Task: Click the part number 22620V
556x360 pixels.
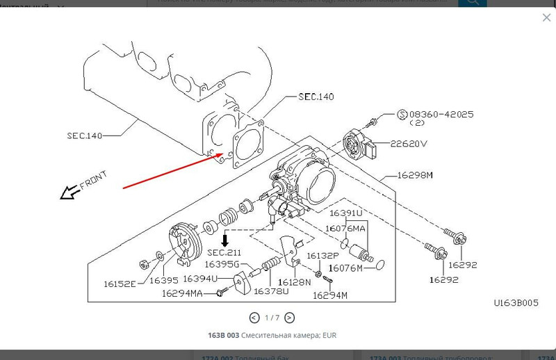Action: point(409,144)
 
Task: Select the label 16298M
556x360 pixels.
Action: point(415,176)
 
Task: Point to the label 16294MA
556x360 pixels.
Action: point(182,293)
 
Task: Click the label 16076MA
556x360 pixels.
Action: point(346,228)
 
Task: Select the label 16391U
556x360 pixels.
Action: point(346,213)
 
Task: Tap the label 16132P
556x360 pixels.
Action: point(323,256)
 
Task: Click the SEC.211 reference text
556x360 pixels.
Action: point(224,252)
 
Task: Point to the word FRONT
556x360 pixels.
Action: point(92,183)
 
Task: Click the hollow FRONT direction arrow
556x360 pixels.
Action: point(69,193)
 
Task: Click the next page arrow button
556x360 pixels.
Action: point(289,318)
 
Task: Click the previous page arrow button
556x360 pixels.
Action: point(254,318)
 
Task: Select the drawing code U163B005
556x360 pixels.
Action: point(515,304)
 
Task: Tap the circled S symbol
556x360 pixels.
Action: point(401,114)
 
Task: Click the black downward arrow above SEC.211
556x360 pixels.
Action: point(224,240)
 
